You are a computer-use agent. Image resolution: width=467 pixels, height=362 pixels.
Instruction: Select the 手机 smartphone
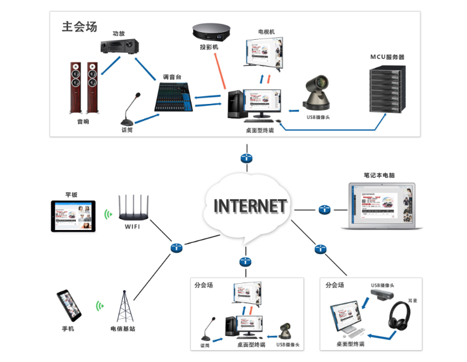pos(69,305)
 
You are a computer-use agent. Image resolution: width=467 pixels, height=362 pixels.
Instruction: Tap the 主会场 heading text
pos(79,26)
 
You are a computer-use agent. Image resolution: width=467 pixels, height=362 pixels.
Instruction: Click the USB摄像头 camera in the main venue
pos(320,93)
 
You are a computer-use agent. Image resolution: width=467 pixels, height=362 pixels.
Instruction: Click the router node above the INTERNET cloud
pos(246,158)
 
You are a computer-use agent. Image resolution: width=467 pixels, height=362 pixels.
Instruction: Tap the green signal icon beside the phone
pos(100,305)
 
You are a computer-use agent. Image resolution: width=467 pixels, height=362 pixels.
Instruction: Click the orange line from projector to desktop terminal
pos(220,71)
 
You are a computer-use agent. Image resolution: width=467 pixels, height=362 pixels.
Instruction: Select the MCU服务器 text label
pos(387,57)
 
